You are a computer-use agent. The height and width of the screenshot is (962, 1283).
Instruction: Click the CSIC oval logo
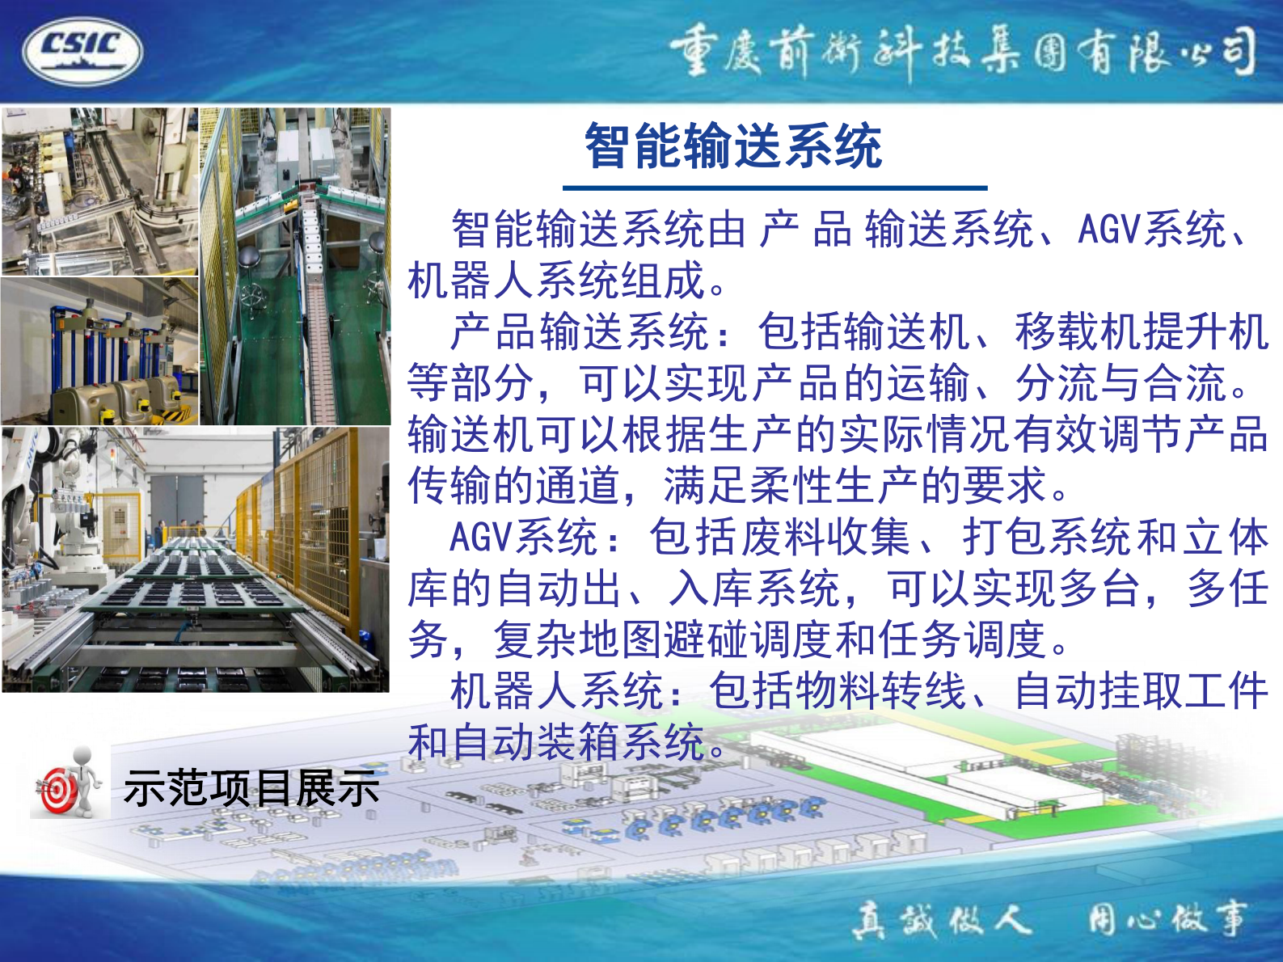82,50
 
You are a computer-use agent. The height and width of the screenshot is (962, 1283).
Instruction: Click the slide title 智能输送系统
732,146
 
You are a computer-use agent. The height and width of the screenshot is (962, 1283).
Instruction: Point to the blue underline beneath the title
774,188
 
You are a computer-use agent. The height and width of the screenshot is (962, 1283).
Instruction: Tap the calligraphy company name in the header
962,53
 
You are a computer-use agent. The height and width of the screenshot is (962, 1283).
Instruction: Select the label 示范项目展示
251,788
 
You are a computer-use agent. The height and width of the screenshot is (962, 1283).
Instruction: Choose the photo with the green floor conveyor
295,267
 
